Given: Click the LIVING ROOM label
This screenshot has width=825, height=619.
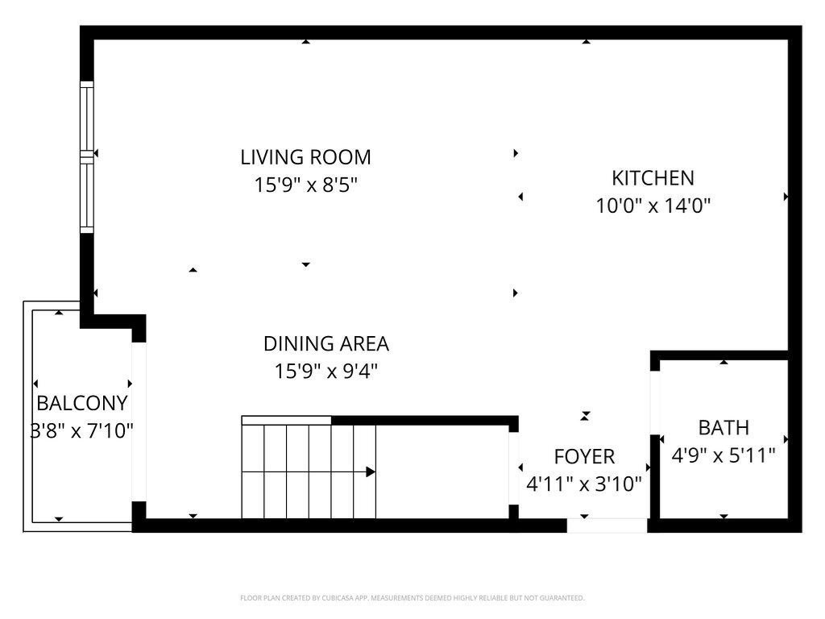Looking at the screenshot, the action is click(x=305, y=157).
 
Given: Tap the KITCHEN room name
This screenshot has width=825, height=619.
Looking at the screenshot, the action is click(x=653, y=178).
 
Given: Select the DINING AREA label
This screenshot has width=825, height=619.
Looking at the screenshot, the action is click(x=326, y=343).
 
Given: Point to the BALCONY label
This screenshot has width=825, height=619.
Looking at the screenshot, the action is click(x=82, y=403).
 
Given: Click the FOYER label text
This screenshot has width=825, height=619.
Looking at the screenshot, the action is click(x=584, y=456).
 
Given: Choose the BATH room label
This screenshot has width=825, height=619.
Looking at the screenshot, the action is click(x=723, y=427).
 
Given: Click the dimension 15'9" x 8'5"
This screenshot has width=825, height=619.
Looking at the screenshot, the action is click(x=305, y=185).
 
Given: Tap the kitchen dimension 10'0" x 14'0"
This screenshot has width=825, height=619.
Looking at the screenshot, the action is click(x=653, y=206).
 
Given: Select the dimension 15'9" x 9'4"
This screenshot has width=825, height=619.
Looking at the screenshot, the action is click(x=326, y=371).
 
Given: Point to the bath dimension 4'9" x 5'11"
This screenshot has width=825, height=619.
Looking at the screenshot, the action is click(x=723, y=455).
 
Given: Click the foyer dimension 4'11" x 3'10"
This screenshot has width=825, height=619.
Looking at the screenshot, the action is click(x=584, y=484).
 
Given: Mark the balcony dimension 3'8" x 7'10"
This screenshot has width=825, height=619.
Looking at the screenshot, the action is click(x=82, y=430).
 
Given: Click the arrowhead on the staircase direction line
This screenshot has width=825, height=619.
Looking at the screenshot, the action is click(x=371, y=472).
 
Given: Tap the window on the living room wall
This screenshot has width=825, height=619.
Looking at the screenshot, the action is click(x=87, y=157).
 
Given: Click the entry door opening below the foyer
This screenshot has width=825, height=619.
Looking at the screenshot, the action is click(x=607, y=526).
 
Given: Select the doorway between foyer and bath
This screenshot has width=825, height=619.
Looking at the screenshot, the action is click(x=654, y=403).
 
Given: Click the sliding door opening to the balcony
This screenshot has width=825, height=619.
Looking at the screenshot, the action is click(x=139, y=422).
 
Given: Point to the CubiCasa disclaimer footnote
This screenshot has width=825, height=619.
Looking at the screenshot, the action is click(x=412, y=598).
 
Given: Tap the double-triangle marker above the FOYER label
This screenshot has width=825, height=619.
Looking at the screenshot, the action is click(x=585, y=416).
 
